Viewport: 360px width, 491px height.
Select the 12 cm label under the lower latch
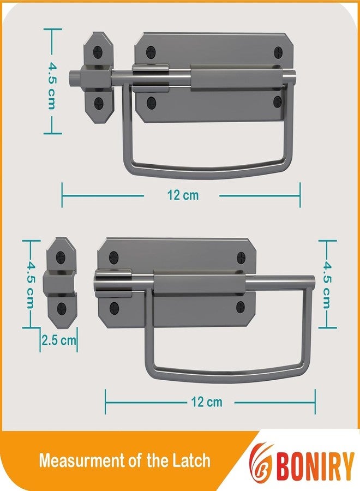point(207,402)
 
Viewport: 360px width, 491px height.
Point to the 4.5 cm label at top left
point(52,81)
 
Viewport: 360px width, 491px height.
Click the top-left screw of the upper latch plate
point(151,52)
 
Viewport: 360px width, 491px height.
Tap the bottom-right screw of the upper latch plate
point(278,101)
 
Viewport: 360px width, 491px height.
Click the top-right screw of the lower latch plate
point(242,259)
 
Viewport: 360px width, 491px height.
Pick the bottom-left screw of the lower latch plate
point(114,307)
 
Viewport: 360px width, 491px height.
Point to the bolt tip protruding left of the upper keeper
point(73,77)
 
